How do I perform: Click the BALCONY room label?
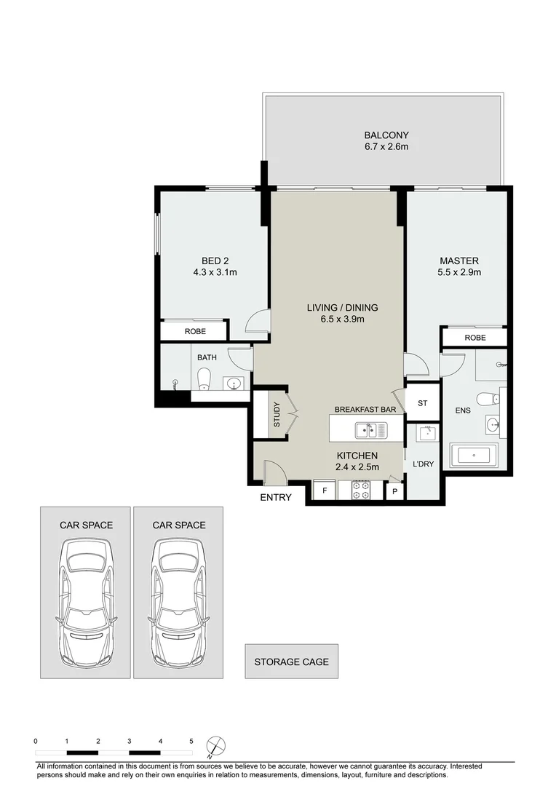386,135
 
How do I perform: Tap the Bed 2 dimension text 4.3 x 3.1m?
215,272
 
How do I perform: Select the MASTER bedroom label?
459,261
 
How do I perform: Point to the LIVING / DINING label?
342,307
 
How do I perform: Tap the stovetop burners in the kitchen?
361,490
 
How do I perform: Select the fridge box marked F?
323,491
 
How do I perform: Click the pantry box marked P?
395,492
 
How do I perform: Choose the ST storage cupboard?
423,403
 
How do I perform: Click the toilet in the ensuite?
487,398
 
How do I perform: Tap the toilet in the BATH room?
204,378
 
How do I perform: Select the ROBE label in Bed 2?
195,331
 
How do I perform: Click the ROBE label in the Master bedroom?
474,338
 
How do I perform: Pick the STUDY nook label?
277,415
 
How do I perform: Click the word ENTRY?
276,498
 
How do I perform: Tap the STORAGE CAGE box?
291,662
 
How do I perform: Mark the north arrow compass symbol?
215,745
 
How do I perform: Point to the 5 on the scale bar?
191,741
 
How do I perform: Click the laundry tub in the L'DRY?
426,434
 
